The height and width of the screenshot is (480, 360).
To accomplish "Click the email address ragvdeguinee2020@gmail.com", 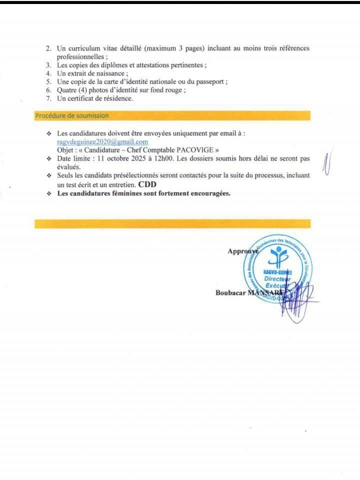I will coord(102,142).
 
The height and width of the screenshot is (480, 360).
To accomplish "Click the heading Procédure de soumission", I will coord(71,115).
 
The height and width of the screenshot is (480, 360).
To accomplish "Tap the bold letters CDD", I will coord(147,184).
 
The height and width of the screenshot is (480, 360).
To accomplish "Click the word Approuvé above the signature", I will coord(243,251).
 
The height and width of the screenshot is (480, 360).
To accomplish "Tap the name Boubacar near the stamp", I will coord(230,293).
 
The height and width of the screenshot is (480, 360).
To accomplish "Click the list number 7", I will coord(48,98).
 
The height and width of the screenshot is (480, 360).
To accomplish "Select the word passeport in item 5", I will coord(211,81).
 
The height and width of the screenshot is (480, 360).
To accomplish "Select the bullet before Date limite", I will coord(48,158).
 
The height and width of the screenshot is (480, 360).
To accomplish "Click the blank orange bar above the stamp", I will coord(172,223).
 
